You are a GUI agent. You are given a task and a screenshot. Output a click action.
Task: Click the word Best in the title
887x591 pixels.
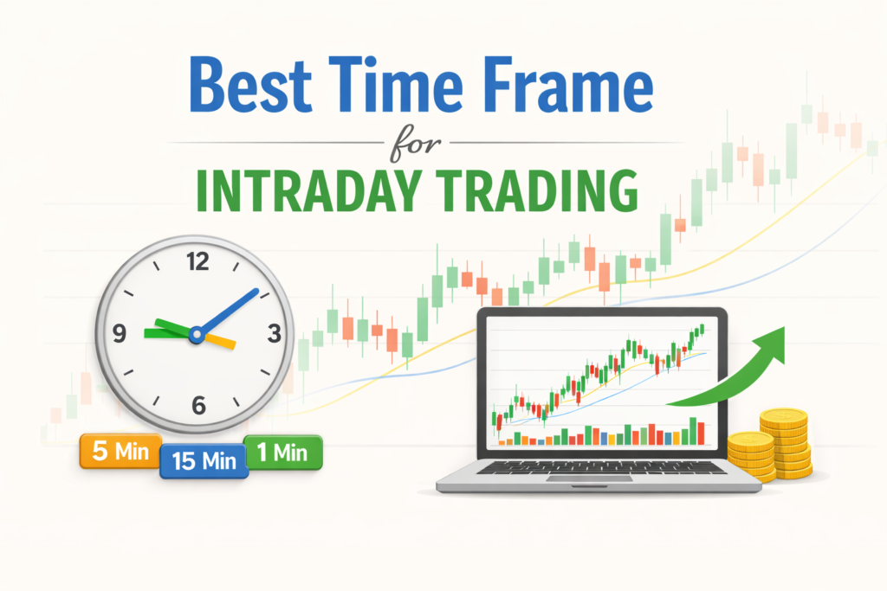250,84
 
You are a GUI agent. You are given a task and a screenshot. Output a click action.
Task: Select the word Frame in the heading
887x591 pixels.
568,84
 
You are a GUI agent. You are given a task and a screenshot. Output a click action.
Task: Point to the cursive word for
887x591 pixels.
415,144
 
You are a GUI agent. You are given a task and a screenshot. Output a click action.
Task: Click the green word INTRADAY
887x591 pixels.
309,190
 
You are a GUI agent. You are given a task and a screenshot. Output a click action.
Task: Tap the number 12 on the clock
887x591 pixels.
198,261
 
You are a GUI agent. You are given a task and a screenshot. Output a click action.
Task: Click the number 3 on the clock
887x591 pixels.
275,334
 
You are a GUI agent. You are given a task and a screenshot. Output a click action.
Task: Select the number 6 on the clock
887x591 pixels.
198,405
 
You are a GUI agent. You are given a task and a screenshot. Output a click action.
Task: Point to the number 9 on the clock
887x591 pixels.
120,333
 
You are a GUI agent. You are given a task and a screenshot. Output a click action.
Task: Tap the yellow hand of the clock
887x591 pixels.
217,341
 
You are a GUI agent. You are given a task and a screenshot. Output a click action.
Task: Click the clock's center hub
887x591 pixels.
197,335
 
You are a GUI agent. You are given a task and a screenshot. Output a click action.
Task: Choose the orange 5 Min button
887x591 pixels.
120,452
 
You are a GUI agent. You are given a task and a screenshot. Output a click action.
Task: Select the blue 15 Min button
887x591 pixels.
204,461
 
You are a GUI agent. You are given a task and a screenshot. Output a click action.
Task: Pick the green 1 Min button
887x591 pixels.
283,453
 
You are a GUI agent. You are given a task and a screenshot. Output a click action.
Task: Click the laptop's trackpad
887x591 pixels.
589,479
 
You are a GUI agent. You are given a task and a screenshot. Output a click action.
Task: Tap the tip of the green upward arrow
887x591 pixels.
784,327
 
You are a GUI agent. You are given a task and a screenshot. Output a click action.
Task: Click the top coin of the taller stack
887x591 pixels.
783,418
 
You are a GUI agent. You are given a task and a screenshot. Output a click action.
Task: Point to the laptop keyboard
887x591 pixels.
601,467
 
